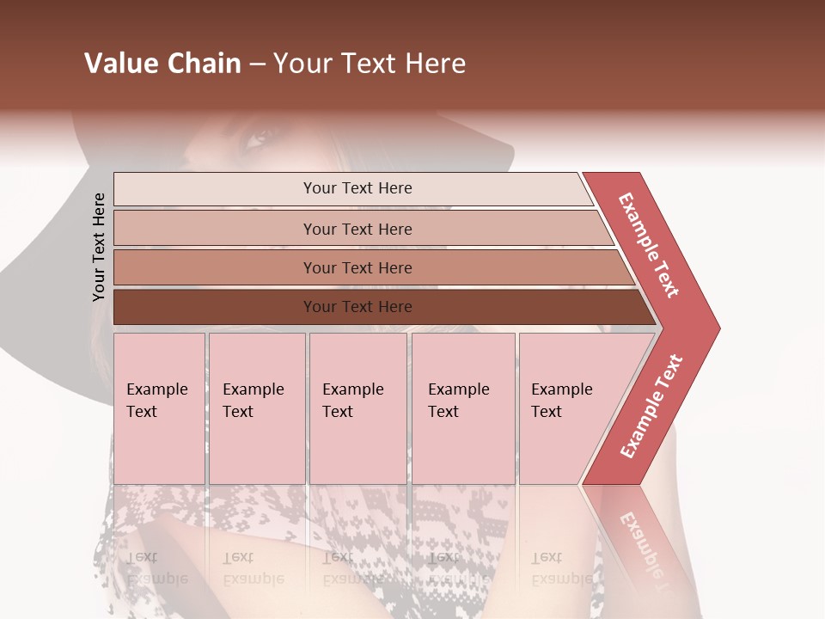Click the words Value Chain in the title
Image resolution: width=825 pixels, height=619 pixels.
(x=162, y=64)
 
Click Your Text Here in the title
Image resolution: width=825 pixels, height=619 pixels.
(x=370, y=64)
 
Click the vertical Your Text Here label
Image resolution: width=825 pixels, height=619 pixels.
(x=99, y=247)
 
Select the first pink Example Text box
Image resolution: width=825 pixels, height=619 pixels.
(x=159, y=408)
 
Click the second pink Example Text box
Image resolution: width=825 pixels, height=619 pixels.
(x=256, y=408)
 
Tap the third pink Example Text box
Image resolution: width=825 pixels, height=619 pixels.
(x=357, y=408)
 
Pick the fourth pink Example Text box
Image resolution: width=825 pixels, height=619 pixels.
(x=462, y=408)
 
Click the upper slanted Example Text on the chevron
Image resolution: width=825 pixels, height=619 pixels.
(x=648, y=245)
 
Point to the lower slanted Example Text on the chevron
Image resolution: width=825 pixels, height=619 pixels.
(x=651, y=406)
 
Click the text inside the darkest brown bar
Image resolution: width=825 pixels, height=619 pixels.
(x=357, y=307)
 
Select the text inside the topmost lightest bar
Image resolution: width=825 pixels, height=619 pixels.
(x=357, y=188)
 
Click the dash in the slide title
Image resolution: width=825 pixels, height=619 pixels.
(x=257, y=64)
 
